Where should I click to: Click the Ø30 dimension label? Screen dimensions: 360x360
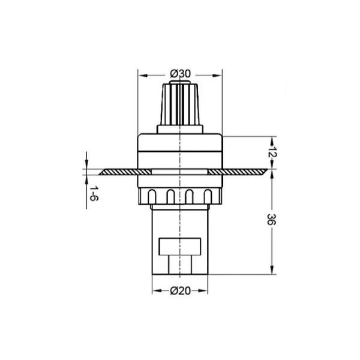(180, 74)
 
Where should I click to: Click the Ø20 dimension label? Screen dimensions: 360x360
(180, 291)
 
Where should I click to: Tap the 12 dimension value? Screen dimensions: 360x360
(272, 152)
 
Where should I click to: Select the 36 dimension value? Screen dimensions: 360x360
(272, 220)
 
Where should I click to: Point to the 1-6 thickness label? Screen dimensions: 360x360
(94, 194)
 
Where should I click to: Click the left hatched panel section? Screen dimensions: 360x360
(125, 172)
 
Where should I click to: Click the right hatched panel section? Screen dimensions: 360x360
(238, 172)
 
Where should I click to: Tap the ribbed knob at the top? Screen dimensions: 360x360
(180, 104)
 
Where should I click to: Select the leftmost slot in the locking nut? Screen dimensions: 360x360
(152, 197)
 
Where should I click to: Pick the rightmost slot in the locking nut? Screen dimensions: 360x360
(208, 197)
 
